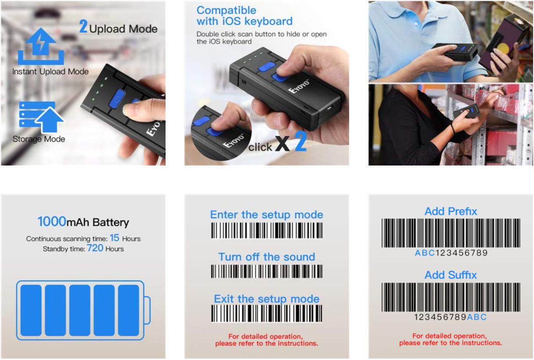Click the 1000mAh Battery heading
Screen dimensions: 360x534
[x=83, y=223]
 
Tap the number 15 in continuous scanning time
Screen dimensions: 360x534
[x=114, y=238]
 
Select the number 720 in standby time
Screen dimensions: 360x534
[x=95, y=248]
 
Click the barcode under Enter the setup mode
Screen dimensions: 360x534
[x=267, y=230]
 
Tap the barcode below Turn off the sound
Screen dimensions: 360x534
[x=267, y=271]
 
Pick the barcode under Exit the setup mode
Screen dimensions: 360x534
[x=267, y=313]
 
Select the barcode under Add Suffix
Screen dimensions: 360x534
[x=451, y=297]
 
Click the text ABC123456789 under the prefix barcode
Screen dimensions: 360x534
[x=451, y=253]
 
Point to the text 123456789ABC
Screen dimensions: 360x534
[x=451, y=317]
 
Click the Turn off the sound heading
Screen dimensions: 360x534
[x=267, y=257]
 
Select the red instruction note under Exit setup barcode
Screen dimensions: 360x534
[x=267, y=340]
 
